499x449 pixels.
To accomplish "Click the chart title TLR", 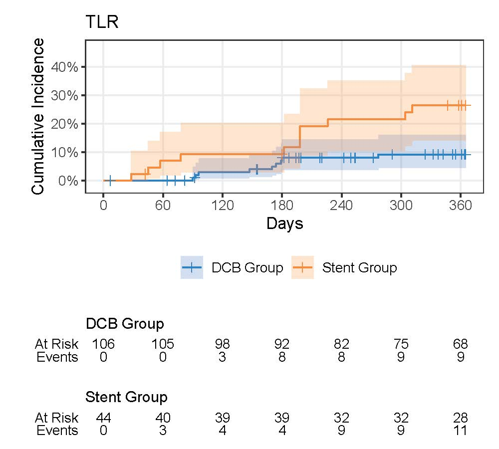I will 102,23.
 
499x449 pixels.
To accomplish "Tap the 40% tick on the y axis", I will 72,67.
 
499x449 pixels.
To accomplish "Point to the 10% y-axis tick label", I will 72,152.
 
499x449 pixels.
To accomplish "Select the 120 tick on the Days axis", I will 222,206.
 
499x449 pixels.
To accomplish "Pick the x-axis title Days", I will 284,224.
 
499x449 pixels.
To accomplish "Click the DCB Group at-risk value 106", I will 103,344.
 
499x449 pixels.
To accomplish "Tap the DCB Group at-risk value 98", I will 222,344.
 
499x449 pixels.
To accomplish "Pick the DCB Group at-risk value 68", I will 460,344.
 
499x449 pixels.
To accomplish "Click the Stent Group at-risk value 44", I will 103,417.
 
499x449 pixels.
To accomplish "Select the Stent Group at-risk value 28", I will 460,417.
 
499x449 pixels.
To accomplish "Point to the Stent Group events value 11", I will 460,430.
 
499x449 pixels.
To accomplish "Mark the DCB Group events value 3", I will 222,357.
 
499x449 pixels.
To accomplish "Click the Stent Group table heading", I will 127,398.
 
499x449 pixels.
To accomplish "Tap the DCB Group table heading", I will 125,324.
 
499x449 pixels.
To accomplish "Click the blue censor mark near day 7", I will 110,180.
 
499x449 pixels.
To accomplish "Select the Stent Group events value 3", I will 163,430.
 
